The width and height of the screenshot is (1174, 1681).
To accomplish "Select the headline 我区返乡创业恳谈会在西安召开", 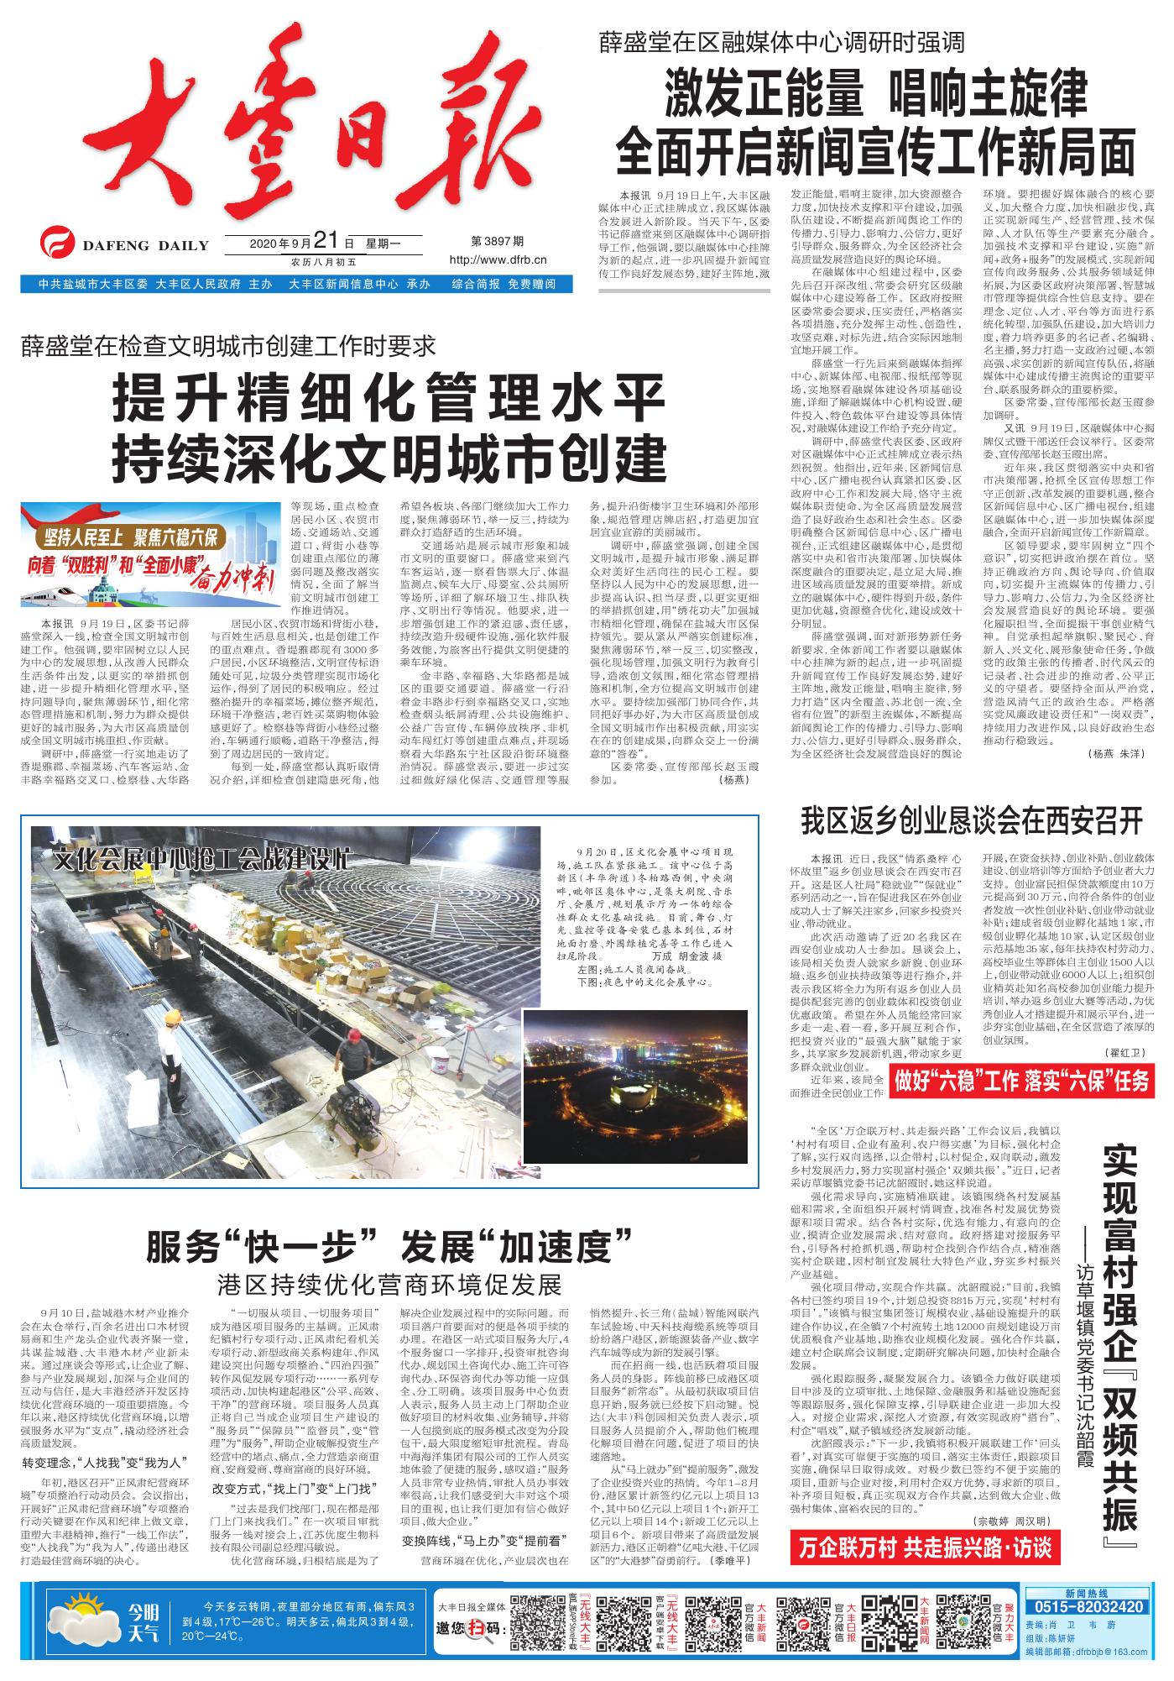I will tap(971, 821).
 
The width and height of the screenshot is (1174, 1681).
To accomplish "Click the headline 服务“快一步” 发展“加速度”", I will tap(389, 1246).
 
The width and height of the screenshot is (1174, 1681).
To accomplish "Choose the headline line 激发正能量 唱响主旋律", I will tap(877, 95).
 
